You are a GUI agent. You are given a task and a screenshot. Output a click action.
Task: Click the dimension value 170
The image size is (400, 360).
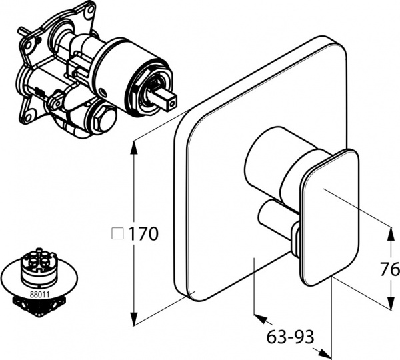point(143,234)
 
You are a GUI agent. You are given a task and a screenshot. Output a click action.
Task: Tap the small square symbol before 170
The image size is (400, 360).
point(118,234)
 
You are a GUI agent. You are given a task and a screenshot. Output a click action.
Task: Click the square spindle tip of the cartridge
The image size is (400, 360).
point(168,100)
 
